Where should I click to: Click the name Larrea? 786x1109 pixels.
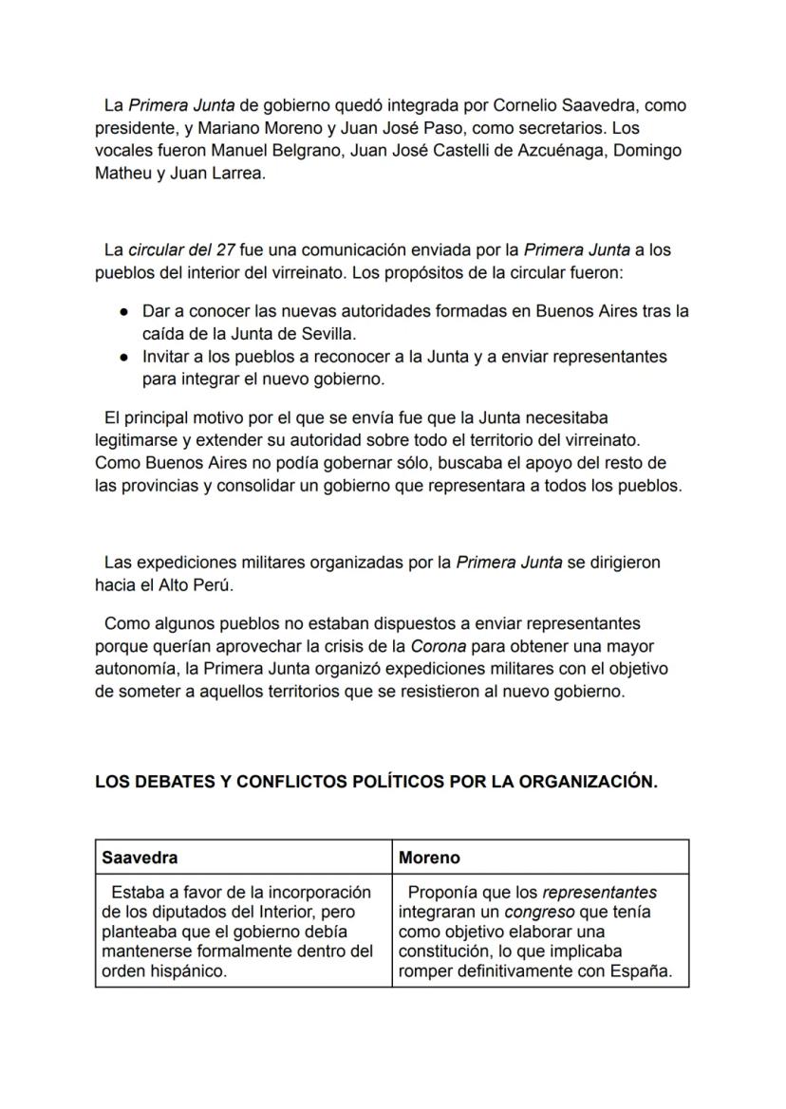(234, 174)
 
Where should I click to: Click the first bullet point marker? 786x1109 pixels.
(124, 312)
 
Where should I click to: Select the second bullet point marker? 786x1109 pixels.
(124, 358)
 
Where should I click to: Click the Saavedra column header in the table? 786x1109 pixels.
(140, 858)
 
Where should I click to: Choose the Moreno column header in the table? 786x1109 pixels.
(429, 858)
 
